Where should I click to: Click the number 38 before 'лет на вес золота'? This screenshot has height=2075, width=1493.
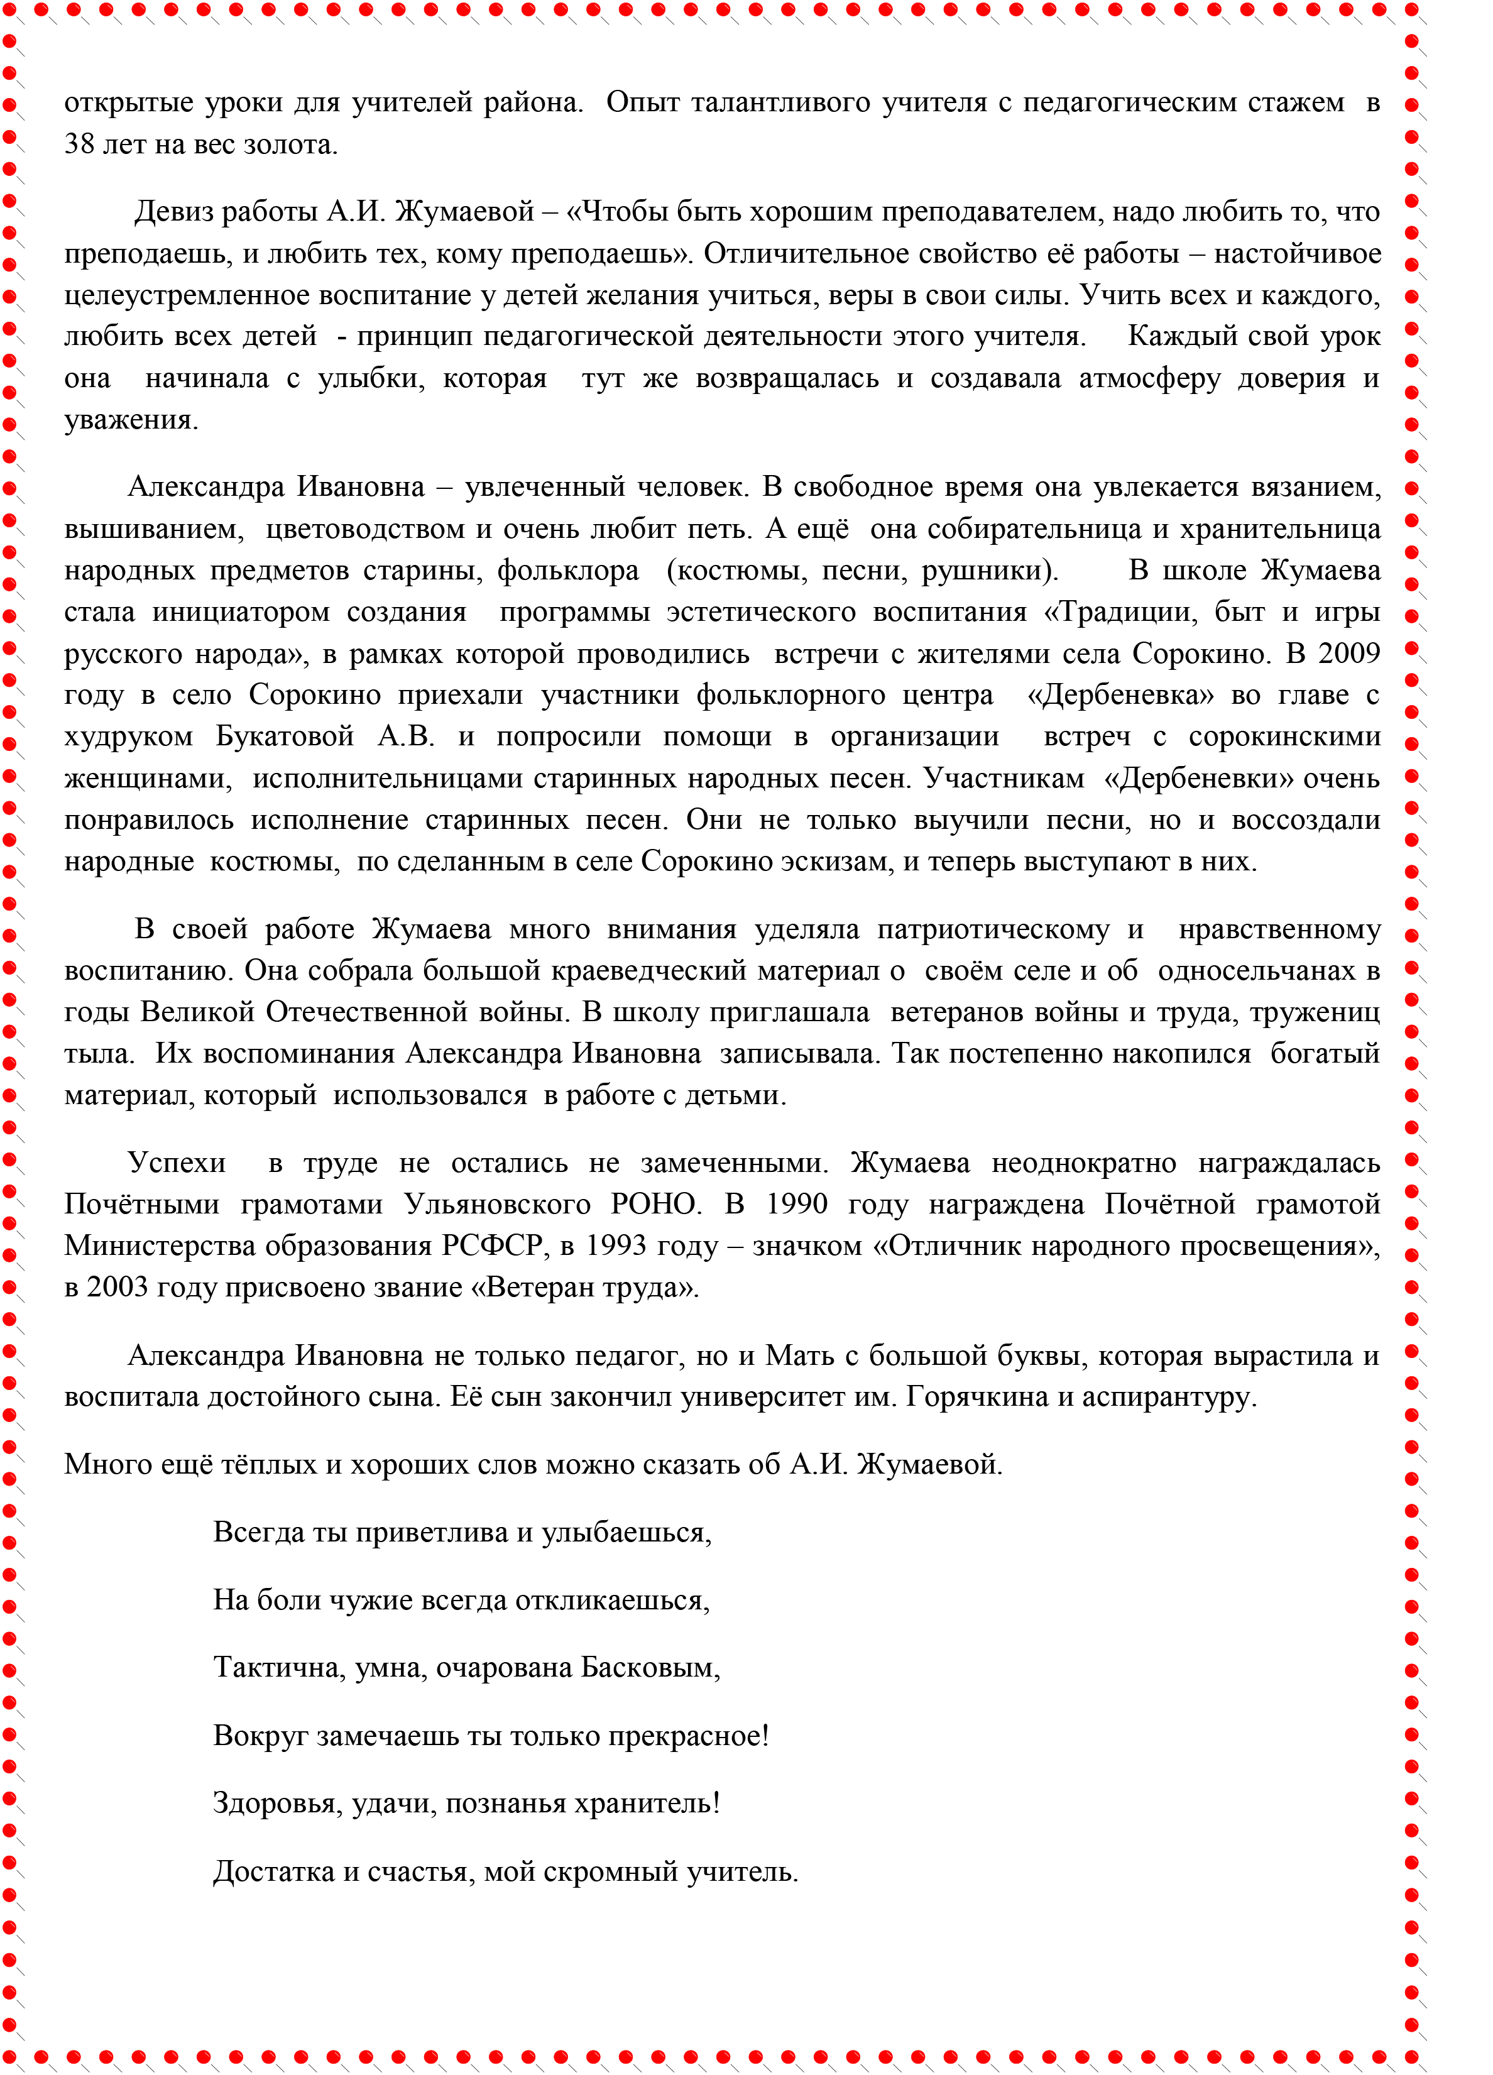click(x=79, y=145)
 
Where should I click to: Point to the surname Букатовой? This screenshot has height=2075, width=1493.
click(x=285, y=736)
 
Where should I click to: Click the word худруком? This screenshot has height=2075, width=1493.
click(x=128, y=736)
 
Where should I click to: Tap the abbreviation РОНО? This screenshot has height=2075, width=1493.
click(x=654, y=1205)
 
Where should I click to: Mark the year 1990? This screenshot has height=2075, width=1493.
click(x=796, y=1205)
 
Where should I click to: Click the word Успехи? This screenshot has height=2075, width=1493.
click(x=177, y=1163)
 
